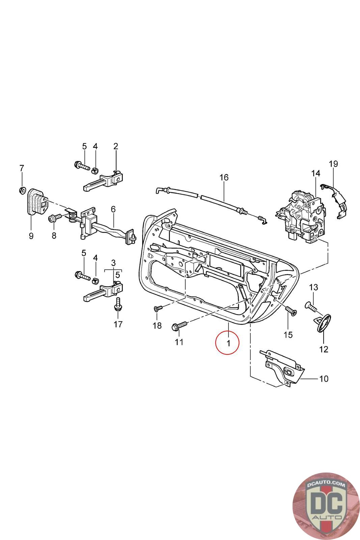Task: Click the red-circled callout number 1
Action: click(x=228, y=343)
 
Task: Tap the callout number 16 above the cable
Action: click(x=224, y=177)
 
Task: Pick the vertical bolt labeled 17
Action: click(x=118, y=303)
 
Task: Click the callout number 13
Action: click(x=313, y=287)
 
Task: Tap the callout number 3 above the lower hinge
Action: click(x=113, y=262)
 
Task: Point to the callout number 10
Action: click(x=323, y=379)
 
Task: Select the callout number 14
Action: click(x=315, y=173)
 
